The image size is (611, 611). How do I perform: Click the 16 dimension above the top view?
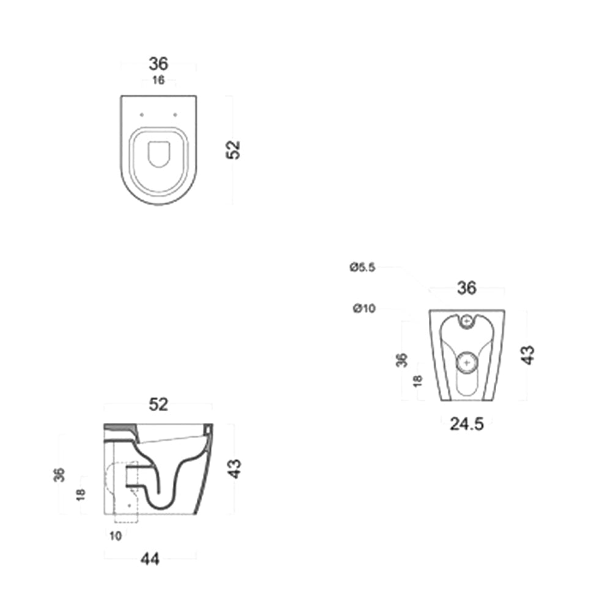[158, 81]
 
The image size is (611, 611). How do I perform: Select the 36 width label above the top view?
[158, 64]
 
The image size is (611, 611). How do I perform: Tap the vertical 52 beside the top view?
[233, 150]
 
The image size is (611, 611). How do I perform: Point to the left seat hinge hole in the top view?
[142, 114]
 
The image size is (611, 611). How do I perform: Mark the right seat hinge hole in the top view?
[175, 114]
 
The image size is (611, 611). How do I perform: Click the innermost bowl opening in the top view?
[159, 153]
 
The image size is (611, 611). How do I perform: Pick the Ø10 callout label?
[364, 309]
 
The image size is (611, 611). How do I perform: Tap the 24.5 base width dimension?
[467, 424]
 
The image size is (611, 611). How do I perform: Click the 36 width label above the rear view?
[467, 288]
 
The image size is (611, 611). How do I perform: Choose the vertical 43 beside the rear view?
[528, 354]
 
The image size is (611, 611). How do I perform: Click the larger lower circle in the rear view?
[467, 362]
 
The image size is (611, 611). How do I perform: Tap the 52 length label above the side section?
[158, 404]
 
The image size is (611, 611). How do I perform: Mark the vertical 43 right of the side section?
[235, 468]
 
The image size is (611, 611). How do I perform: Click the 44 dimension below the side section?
[150, 558]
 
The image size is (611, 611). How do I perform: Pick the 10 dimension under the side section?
[116, 536]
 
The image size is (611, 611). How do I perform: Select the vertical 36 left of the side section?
[59, 474]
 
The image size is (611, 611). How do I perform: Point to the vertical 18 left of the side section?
[81, 494]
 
